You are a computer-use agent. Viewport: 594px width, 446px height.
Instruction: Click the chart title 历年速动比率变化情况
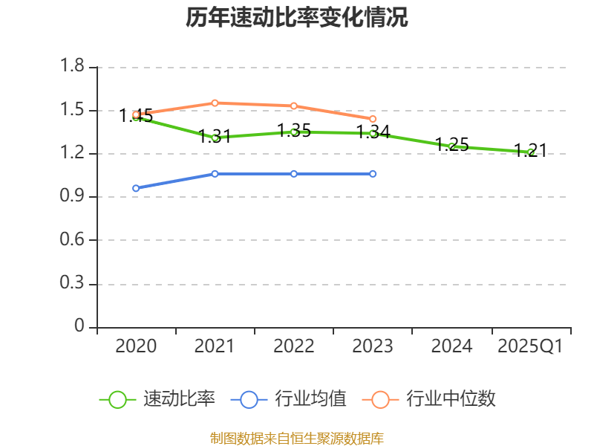click(297, 18)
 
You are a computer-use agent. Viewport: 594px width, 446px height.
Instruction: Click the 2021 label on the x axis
click(215, 346)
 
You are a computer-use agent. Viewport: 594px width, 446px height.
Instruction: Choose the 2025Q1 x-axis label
click(530, 346)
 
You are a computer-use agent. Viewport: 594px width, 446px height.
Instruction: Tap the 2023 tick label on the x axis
click(373, 346)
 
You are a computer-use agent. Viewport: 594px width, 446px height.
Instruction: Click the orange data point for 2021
click(215, 103)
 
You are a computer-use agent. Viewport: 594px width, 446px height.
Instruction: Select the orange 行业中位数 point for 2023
click(373, 119)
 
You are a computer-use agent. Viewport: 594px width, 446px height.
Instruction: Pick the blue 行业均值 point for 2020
click(136, 188)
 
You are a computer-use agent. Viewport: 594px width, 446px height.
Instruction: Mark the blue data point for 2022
click(294, 173)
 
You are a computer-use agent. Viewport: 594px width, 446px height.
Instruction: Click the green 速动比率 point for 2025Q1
click(530, 152)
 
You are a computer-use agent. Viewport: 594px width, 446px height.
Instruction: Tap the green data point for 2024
click(451, 146)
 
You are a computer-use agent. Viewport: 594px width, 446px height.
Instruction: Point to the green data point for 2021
click(215, 137)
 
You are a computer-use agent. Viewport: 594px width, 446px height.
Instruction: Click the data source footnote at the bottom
click(297, 438)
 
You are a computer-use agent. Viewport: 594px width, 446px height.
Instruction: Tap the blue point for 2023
click(373, 173)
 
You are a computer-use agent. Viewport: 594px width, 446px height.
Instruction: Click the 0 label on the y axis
click(80, 327)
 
